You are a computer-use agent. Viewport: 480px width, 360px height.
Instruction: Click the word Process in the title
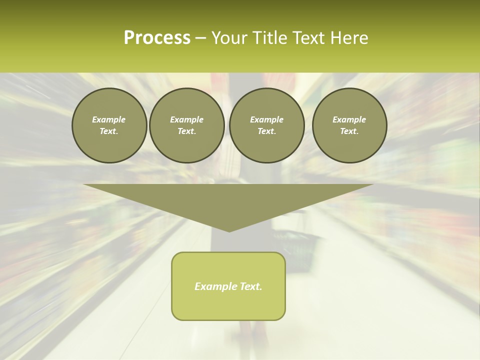coord(157,38)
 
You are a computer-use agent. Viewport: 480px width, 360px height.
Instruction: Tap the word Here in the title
coord(348,38)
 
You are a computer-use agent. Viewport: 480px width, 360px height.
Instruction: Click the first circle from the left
coord(109,125)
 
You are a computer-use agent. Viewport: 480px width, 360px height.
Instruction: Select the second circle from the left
coord(187,125)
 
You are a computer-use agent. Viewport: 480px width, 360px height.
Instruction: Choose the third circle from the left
coord(267,125)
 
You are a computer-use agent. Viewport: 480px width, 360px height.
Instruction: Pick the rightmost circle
coord(349,125)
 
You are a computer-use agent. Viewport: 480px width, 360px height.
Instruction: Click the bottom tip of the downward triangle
coord(229,231)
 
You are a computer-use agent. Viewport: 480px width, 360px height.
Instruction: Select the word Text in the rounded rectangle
coord(250,286)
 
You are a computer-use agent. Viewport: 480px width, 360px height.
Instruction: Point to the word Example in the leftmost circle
coord(109,119)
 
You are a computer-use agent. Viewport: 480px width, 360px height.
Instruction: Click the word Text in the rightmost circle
coord(349,131)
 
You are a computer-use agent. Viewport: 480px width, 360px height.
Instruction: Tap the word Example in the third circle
coord(267,119)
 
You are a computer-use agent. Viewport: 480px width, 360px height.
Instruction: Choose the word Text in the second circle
coord(186,131)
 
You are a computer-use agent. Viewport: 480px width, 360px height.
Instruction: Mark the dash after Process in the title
coord(200,38)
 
